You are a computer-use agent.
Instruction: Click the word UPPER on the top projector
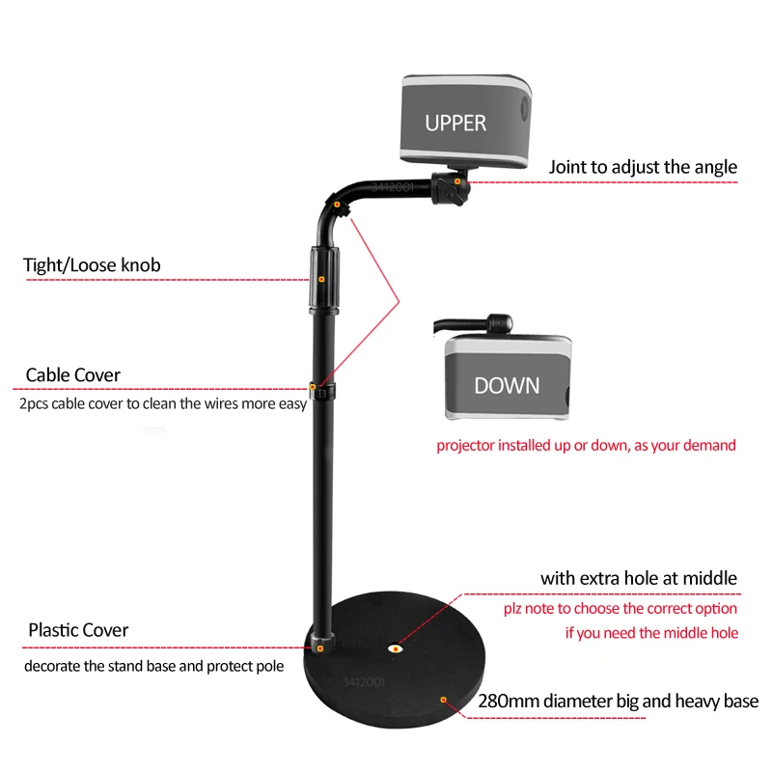(455, 123)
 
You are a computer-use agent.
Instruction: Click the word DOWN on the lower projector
(507, 385)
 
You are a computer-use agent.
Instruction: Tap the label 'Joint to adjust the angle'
(643, 167)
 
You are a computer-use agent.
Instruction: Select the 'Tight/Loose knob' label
(92, 264)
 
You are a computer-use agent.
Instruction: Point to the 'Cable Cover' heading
(73, 374)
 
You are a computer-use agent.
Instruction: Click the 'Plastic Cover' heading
(78, 630)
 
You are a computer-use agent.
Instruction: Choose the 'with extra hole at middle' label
(639, 578)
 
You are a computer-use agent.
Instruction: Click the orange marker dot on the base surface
(443, 698)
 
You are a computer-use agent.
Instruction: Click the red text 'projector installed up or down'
(586, 445)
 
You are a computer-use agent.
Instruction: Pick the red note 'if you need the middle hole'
(651, 633)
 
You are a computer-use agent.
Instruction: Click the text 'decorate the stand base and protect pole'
(154, 666)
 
